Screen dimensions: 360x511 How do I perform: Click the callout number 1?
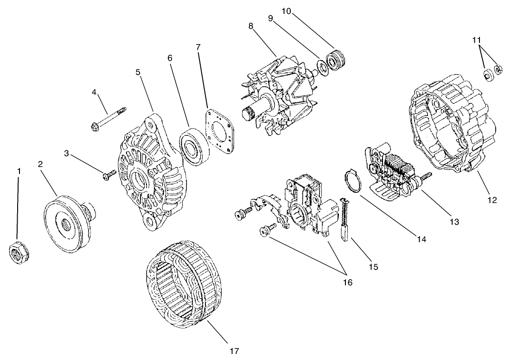[x=19, y=172]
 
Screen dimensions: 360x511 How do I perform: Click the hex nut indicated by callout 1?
[x=19, y=253]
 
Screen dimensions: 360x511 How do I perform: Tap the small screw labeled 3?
[x=109, y=174]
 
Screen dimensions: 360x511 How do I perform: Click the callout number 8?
[x=251, y=26]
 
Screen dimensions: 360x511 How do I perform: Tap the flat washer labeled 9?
[x=321, y=66]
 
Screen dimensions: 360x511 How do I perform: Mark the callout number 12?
[x=492, y=200]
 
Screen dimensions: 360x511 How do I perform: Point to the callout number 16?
[x=347, y=282]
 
